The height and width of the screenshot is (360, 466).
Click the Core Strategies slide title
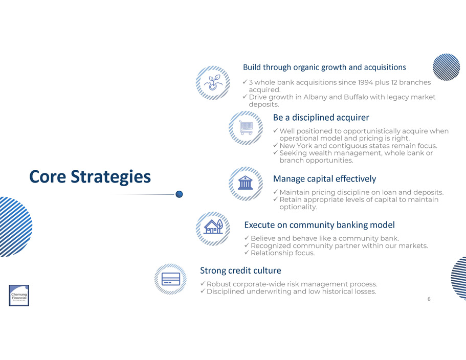pos(90,177)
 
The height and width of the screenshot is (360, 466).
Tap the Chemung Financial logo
pos(19,295)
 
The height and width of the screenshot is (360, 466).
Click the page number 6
pos(429,299)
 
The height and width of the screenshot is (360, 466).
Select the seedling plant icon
pos(213,82)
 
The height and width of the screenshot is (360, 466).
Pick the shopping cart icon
pos(246,128)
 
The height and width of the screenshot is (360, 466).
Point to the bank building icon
pos(246,183)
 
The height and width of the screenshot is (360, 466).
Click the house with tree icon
pos(213,227)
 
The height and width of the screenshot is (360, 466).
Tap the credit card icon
pos(170,279)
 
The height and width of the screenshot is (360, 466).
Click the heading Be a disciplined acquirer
pos(321,118)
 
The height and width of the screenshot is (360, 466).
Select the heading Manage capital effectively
pos(324,179)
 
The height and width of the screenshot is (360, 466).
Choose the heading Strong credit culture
pos(240,271)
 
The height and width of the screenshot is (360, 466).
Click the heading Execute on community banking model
pos(320,225)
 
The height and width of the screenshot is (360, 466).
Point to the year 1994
pos(365,82)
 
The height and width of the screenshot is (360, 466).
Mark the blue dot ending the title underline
pos(179,194)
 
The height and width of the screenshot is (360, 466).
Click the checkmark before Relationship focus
pos(247,253)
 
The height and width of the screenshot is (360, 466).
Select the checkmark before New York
pos(275,145)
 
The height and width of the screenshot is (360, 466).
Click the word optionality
pos(298,207)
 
